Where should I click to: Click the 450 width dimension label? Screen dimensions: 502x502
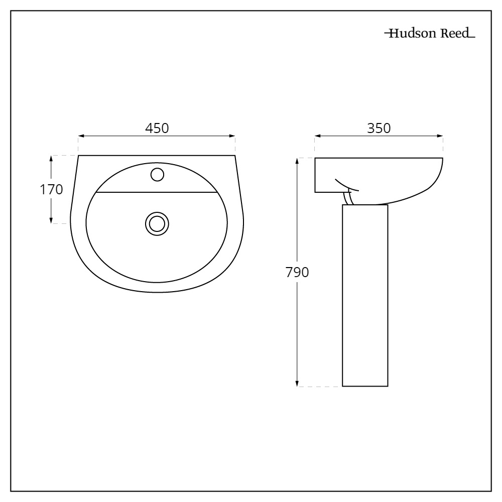coord(157,128)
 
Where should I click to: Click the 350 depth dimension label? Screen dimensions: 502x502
coord(379,128)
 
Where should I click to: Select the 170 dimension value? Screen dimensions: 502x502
coord(51,190)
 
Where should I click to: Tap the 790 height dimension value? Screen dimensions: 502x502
coord(297,273)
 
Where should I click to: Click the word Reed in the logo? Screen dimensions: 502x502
coord(456,35)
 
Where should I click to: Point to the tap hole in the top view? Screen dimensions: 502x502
coord(157,174)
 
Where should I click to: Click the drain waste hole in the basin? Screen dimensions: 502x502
coord(157,223)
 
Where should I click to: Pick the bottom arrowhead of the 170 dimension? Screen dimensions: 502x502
coord(51,220)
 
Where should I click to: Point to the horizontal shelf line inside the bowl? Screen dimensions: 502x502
coord(157,192)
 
